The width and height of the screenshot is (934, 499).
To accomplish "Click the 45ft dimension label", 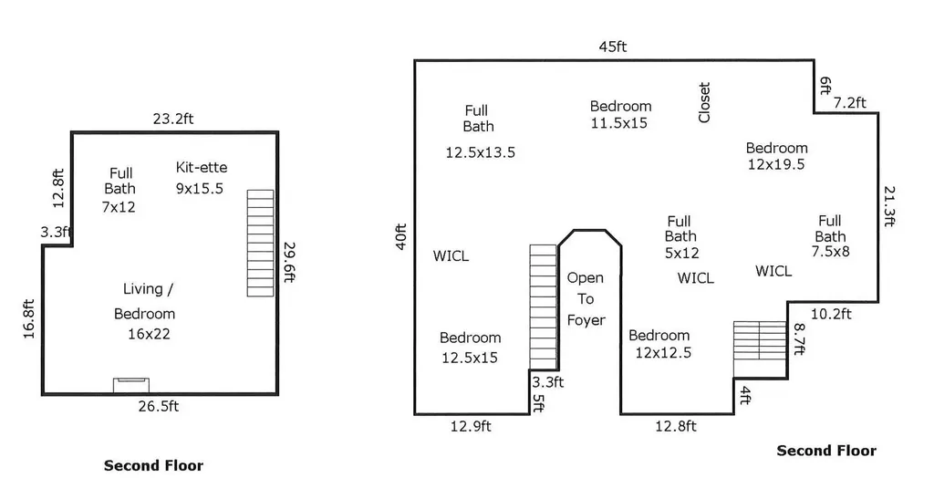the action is coord(612,47).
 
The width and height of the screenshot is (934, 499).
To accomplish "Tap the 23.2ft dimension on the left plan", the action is coord(172,119).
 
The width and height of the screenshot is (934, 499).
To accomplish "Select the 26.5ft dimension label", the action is coord(159,406).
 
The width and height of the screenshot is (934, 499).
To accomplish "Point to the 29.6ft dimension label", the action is coord(289,262).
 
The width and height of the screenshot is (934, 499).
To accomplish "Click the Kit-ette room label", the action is coord(202,167).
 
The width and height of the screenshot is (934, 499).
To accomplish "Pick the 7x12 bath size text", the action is coord(119,207).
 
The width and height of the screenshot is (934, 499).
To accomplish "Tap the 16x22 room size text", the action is coord(149,334).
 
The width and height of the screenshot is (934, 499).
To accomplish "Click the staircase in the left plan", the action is coord(260,243).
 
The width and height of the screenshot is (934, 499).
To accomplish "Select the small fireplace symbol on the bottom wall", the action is coord(131,385).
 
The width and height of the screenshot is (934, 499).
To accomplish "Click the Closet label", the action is coord(704,102).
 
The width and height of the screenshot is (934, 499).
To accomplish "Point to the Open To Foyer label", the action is coord(586,299).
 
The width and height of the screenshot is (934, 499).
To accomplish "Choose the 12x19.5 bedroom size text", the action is coord(776,164).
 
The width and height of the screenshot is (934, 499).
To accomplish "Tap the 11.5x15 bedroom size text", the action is coord(619,123).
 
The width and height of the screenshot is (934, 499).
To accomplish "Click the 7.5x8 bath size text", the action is coord(830,252).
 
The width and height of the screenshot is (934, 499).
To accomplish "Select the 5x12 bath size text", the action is coord(682,253).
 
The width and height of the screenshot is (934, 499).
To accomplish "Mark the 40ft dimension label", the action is coord(401,236).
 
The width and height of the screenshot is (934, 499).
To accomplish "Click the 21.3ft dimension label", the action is coord(888,207).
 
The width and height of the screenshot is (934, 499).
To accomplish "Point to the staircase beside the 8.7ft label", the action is coord(760,340).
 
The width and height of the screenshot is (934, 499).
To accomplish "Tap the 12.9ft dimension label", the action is coord(471,426).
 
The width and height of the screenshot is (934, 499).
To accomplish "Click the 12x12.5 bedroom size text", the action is coord(663,353).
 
